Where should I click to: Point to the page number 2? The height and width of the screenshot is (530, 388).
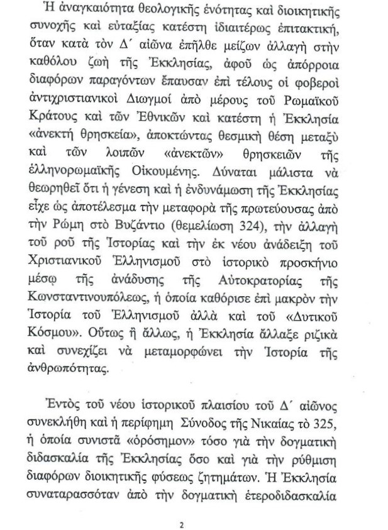click(x=181, y=507)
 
